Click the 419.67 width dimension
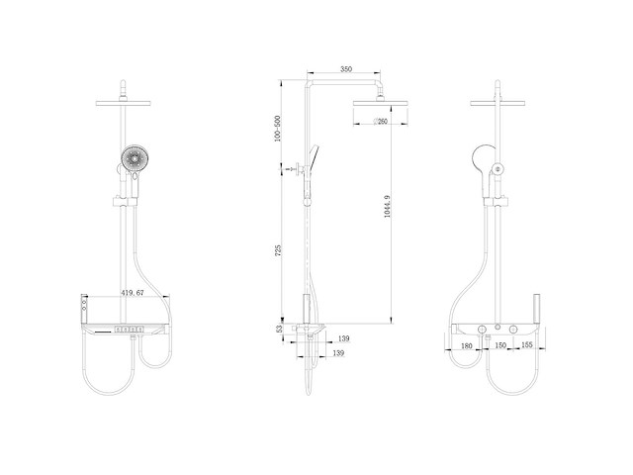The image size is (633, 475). click(134, 293)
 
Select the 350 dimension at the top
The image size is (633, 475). click(345, 70)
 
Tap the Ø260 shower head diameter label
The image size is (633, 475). click(380, 122)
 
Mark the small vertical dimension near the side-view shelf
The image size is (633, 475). click(280, 330)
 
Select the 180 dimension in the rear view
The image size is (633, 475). click(466, 345)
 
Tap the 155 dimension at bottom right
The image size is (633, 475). click(526, 345)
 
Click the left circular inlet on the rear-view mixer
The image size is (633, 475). click(486, 329)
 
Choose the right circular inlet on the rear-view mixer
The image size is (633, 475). click(514, 329)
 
